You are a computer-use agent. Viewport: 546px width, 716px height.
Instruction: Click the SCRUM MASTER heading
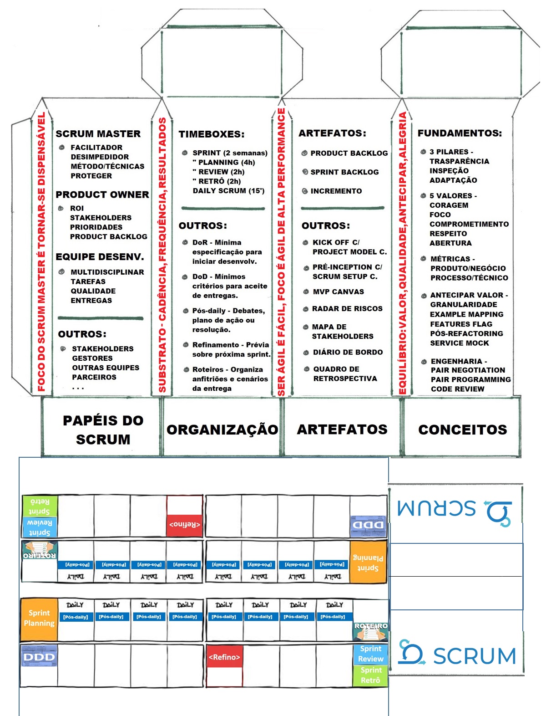98,134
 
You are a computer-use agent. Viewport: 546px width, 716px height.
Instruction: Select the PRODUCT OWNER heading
102,194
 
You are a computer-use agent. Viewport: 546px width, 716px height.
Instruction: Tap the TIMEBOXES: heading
212,134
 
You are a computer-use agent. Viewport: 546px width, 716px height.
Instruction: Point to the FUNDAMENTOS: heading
460,133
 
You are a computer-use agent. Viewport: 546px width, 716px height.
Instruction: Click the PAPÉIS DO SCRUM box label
103,430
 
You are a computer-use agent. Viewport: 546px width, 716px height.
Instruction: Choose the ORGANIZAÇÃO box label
222,430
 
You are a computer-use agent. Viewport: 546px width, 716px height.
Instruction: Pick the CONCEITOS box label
463,430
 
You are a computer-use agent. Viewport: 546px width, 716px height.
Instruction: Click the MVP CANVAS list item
338,292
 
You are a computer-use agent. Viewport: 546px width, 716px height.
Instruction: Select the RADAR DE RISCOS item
347,309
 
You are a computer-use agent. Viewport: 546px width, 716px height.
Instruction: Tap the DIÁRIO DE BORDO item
348,353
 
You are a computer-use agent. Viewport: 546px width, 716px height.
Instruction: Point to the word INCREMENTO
336,191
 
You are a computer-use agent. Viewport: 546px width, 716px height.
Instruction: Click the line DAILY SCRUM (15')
228,191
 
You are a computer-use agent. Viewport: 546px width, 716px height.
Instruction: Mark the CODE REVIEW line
457,389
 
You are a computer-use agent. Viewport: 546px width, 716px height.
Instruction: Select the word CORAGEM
449,205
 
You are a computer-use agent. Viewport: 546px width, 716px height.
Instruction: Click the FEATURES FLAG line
461,324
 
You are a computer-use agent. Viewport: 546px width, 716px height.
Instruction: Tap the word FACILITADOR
96,148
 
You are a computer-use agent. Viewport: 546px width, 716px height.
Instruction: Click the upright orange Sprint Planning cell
39,618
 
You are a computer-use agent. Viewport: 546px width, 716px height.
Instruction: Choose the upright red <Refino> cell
224,657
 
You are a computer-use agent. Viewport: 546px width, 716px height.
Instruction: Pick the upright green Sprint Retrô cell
370,675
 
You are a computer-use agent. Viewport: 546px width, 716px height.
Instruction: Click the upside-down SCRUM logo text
436,508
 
